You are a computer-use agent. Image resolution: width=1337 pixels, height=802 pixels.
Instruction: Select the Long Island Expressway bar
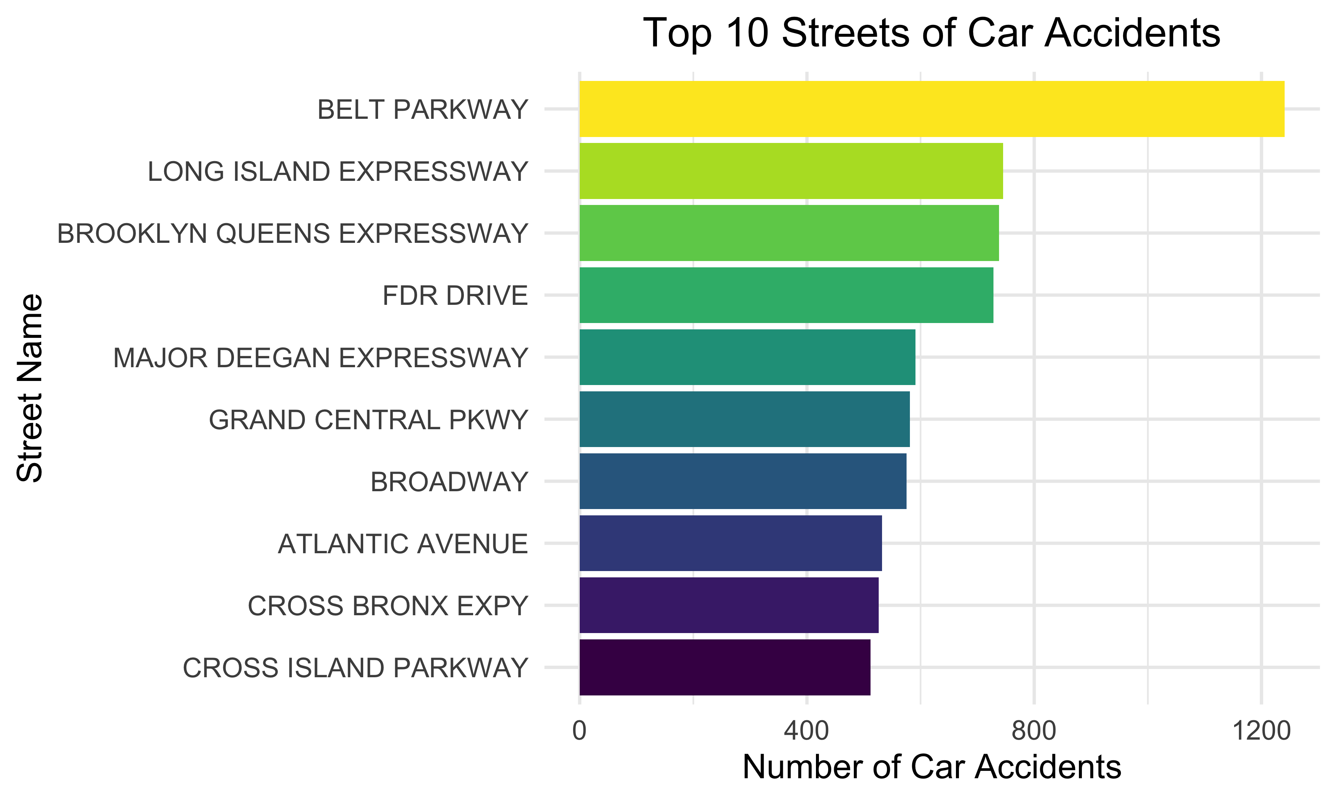[791, 171]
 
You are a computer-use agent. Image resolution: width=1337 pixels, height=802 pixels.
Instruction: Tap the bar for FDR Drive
[786, 295]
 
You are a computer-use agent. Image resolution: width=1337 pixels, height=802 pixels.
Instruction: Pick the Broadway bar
[742, 481]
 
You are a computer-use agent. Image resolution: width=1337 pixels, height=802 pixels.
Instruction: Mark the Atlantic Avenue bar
[730, 543]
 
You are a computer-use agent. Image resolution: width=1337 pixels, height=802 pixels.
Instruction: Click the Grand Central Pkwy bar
[744, 419]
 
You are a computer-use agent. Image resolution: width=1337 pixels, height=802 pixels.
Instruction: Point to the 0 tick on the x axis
[579, 731]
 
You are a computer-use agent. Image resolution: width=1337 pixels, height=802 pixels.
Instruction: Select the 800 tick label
[1034, 731]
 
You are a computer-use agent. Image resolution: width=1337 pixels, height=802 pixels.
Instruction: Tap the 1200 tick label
[1261, 731]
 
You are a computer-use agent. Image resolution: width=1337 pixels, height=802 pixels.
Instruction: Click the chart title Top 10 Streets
[931, 33]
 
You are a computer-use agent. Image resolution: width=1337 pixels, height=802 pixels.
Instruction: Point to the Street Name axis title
[30, 388]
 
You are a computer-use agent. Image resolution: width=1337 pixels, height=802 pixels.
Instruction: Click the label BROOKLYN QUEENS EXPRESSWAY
[292, 234]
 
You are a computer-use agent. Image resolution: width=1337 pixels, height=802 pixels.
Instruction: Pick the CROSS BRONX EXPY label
[387, 606]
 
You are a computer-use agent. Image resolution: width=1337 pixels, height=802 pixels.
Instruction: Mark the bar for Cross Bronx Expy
[729, 605]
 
